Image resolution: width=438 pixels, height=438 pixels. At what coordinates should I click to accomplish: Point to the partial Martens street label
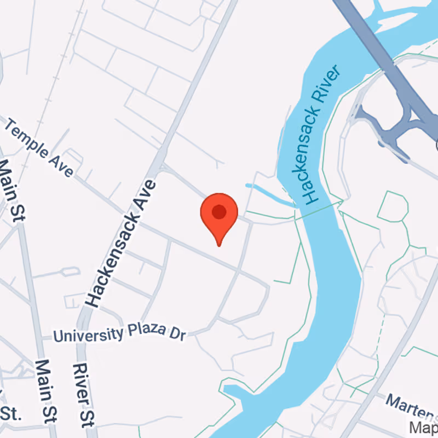[x=411, y=406]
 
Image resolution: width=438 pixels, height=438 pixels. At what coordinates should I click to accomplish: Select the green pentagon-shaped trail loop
[x=393, y=206]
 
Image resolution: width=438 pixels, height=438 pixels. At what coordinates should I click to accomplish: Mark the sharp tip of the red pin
[x=219, y=245]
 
